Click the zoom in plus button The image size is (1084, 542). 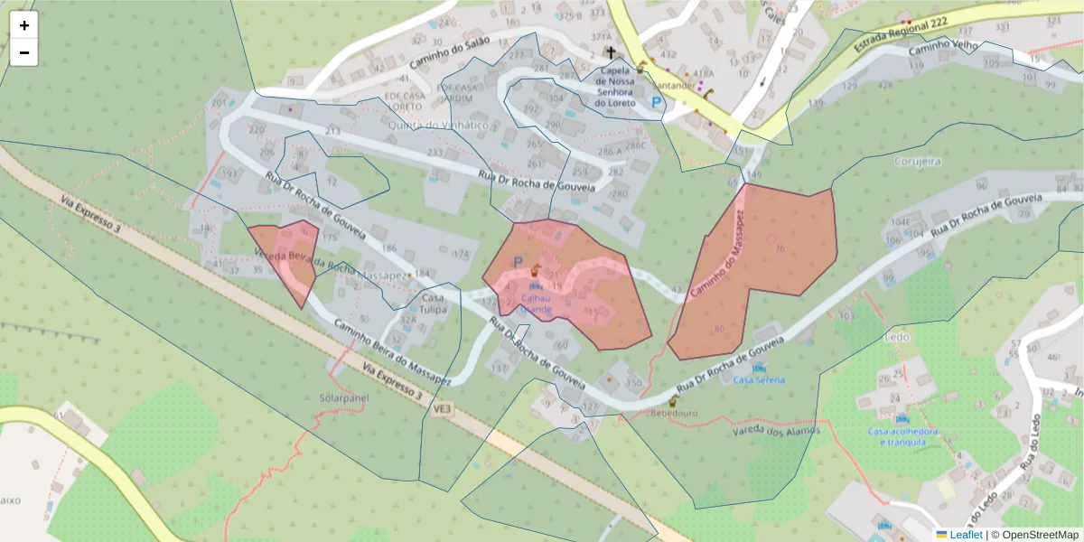click(24, 25)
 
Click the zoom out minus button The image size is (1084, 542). click(24, 52)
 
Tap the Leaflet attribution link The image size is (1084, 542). click(966, 535)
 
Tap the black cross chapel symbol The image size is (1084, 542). click(611, 53)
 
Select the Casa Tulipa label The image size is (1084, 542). click(433, 304)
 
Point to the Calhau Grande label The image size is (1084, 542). click(536, 302)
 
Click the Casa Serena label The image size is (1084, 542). click(759, 379)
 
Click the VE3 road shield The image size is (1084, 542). click(442, 408)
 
